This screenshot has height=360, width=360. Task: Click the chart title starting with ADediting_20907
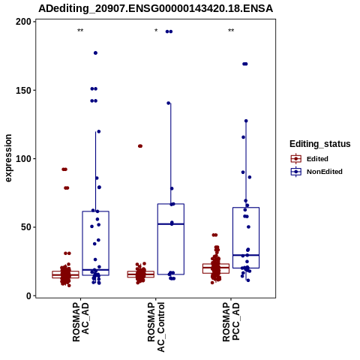[155, 9]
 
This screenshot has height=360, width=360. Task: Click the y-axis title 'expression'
[8, 158]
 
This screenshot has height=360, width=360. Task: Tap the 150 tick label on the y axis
[24, 90]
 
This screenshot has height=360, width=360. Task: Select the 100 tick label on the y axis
[24, 159]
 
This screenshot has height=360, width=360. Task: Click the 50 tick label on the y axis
[26, 227]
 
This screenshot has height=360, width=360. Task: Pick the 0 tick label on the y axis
[29, 295]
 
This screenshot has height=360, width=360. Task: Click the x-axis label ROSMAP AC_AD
[80, 322]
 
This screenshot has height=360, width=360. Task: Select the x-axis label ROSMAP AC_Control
[156, 327]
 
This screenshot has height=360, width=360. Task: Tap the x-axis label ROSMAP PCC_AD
[231, 322]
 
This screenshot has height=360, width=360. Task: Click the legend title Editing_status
[320, 144]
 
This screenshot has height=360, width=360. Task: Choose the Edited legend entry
[309, 159]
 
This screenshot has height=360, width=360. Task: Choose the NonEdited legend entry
[316, 172]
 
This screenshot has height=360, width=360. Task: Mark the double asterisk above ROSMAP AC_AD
[80, 31]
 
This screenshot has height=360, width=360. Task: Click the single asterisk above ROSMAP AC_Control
[156, 31]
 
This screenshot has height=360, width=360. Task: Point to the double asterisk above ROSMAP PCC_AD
[231, 31]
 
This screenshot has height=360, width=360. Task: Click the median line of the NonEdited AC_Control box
[171, 224]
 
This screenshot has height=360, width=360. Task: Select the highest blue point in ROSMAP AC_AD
[95, 53]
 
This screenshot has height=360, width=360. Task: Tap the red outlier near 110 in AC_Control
[140, 146]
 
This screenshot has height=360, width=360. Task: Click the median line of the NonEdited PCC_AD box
[246, 255]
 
